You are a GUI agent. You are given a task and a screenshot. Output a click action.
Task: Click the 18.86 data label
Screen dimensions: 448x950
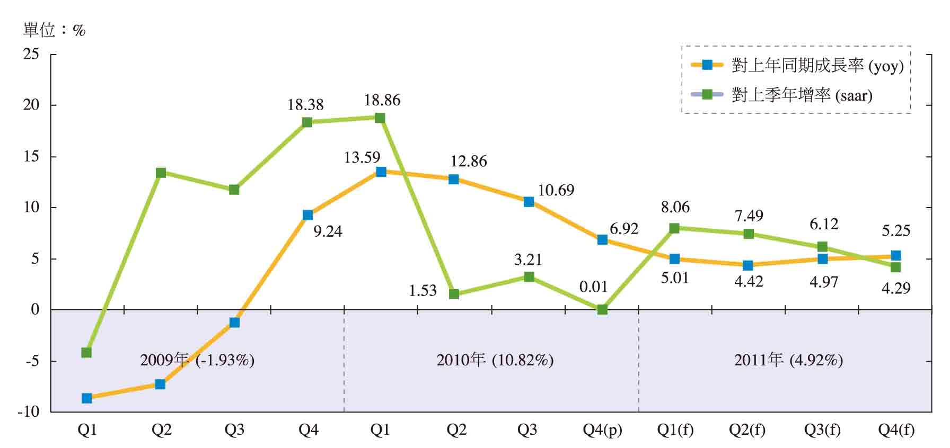pos(382,100)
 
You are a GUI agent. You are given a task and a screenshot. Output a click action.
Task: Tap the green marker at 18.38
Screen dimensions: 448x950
pos(307,122)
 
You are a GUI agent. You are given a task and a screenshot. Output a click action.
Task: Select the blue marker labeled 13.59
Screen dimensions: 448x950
pos(381,172)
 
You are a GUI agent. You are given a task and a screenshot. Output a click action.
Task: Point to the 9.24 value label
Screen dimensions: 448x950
pos(328,231)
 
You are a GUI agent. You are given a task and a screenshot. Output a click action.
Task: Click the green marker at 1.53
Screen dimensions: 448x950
pos(454,294)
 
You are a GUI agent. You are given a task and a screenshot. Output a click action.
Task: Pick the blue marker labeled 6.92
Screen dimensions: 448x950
pos(602,239)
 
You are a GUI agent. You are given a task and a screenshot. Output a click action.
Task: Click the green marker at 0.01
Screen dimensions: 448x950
pos(602,309)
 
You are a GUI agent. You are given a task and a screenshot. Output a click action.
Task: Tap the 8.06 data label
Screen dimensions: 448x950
pos(675,207)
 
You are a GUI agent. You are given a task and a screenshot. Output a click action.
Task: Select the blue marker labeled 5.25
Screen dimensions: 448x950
pos(896,256)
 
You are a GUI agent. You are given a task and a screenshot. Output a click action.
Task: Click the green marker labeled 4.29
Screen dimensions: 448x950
pos(896,267)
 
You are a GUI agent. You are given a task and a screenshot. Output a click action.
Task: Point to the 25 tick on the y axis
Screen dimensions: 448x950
pos(31,54)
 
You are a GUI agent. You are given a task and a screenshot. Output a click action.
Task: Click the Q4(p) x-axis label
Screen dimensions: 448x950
pos(602,430)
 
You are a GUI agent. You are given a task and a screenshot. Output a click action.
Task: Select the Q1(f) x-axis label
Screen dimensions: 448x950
pos(675,430)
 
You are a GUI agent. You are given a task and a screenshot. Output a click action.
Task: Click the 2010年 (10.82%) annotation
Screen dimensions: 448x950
pos(495,361)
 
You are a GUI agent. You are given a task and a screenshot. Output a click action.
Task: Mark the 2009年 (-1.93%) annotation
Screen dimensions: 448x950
pos(197,361)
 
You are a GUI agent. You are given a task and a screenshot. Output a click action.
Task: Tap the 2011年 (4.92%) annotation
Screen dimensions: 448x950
pos(788,361)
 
